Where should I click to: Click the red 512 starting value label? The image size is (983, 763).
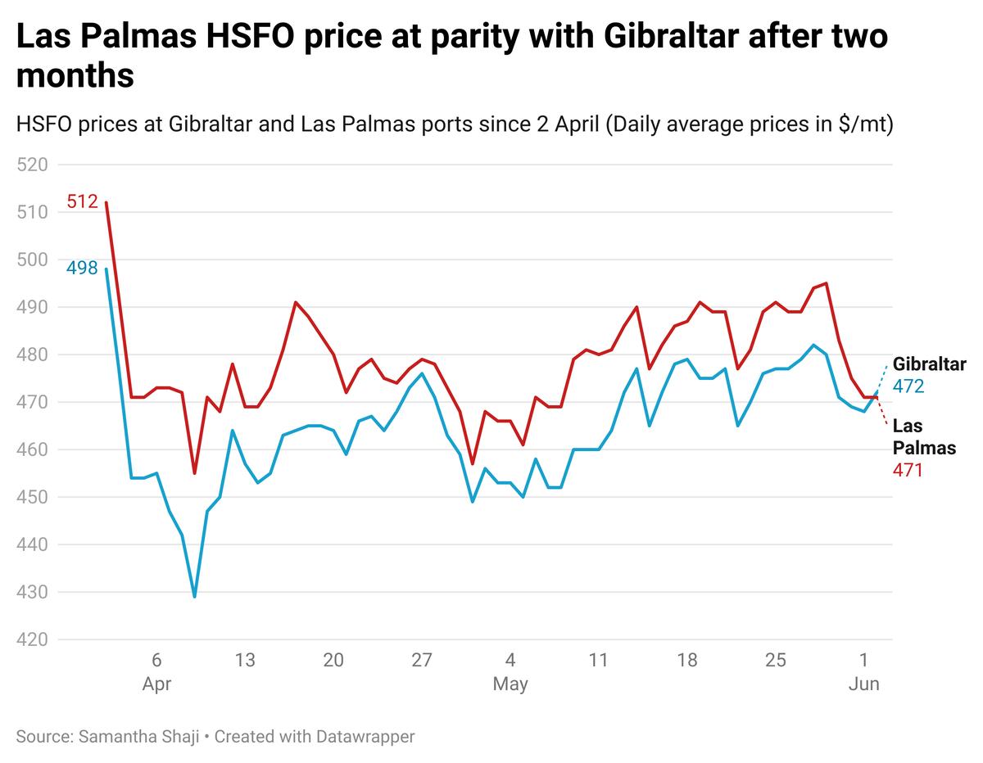point(82,201)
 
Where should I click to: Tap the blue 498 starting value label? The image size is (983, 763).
point(82,268)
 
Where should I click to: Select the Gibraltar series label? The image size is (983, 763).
point(929,364)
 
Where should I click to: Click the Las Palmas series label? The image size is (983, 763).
point(923,436)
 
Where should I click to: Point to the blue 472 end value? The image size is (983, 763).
point(908,386)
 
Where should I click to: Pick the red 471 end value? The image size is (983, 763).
point(908,471)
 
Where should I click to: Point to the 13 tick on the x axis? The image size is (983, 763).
point(245,661)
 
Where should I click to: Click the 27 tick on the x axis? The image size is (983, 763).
point(422,661)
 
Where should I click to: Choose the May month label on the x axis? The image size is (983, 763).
point(510,684)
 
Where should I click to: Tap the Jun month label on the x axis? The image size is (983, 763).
point(863,684)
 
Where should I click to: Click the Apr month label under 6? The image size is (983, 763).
point(156,684)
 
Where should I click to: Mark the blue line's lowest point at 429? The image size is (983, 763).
point(194,596)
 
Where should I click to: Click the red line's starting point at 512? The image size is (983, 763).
point(106,203)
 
